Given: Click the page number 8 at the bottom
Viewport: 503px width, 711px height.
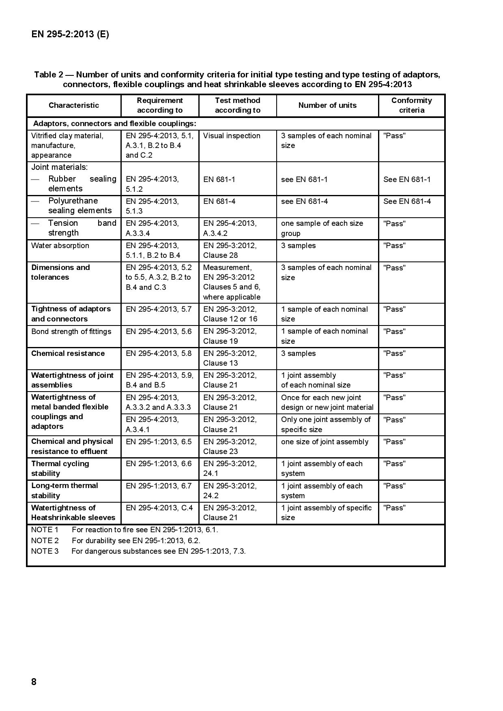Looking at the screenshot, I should tap(34, 681).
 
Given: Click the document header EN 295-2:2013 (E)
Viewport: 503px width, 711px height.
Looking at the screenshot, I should tap(70, 34).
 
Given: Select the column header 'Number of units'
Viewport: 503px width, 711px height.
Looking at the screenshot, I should tap(327, 105).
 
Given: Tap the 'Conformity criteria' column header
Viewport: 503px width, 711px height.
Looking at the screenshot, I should tap(411, 105).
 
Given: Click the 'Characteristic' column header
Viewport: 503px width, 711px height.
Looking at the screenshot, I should tap(74, 105).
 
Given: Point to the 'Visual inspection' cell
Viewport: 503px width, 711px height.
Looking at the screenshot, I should tap(232, 136).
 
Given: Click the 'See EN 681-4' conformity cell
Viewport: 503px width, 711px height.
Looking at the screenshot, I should tap(407, 201).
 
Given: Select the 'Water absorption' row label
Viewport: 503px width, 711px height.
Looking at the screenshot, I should tap(60, 246).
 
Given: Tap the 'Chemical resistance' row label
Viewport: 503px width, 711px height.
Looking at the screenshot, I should tap(68, 353).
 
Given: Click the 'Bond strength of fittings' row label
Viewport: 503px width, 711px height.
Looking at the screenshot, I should tap(71, 332).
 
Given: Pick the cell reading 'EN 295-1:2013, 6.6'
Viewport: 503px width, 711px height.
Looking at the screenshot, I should tap(159, 464).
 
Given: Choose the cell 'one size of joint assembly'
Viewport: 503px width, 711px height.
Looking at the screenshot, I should tap(325, 442).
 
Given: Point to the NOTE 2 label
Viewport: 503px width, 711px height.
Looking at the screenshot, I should tap(45, 540).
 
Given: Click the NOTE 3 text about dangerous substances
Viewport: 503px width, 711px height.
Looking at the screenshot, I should tap(159, 551).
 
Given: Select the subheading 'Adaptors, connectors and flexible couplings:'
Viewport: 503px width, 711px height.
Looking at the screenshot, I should tap(114, 124).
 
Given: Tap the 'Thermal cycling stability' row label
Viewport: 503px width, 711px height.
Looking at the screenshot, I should tap(60, 469).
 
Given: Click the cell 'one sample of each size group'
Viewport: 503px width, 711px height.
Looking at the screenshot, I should tap(322, 228).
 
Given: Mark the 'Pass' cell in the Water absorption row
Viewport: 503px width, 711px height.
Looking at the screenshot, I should tap(394, 246).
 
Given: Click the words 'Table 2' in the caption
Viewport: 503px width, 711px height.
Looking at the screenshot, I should tap(49, 75).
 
